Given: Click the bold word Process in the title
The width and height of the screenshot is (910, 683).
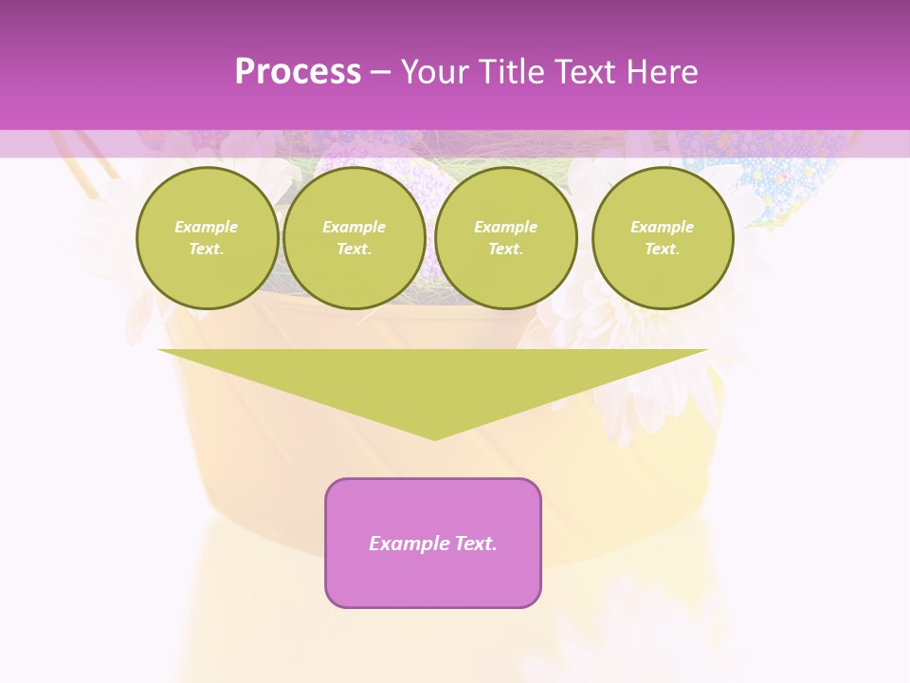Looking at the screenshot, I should coord(298,72).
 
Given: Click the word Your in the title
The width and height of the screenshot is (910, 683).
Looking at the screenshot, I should coord(434,72).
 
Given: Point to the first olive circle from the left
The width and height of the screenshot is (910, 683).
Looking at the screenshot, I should coord(207,238).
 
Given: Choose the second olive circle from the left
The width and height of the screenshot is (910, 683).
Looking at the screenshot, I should coord(355,238).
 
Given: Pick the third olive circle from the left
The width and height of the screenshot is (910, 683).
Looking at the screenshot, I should coord(506,238).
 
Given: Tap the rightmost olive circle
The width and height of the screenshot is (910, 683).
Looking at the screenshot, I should coord(663,238).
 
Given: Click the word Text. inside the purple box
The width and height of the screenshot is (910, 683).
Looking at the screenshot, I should coord(476,544).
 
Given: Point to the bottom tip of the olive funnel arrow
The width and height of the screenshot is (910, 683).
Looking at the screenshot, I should coord(434,438).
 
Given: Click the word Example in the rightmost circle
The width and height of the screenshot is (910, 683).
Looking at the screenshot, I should coord(663,227).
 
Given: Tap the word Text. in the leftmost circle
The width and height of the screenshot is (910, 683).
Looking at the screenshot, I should coord(207,249).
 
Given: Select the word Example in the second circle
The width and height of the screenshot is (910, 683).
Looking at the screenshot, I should coord(355,227).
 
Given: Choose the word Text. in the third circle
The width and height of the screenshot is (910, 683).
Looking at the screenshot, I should coord(506,249).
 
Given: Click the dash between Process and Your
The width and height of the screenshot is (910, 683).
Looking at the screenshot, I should coord(381,72).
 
